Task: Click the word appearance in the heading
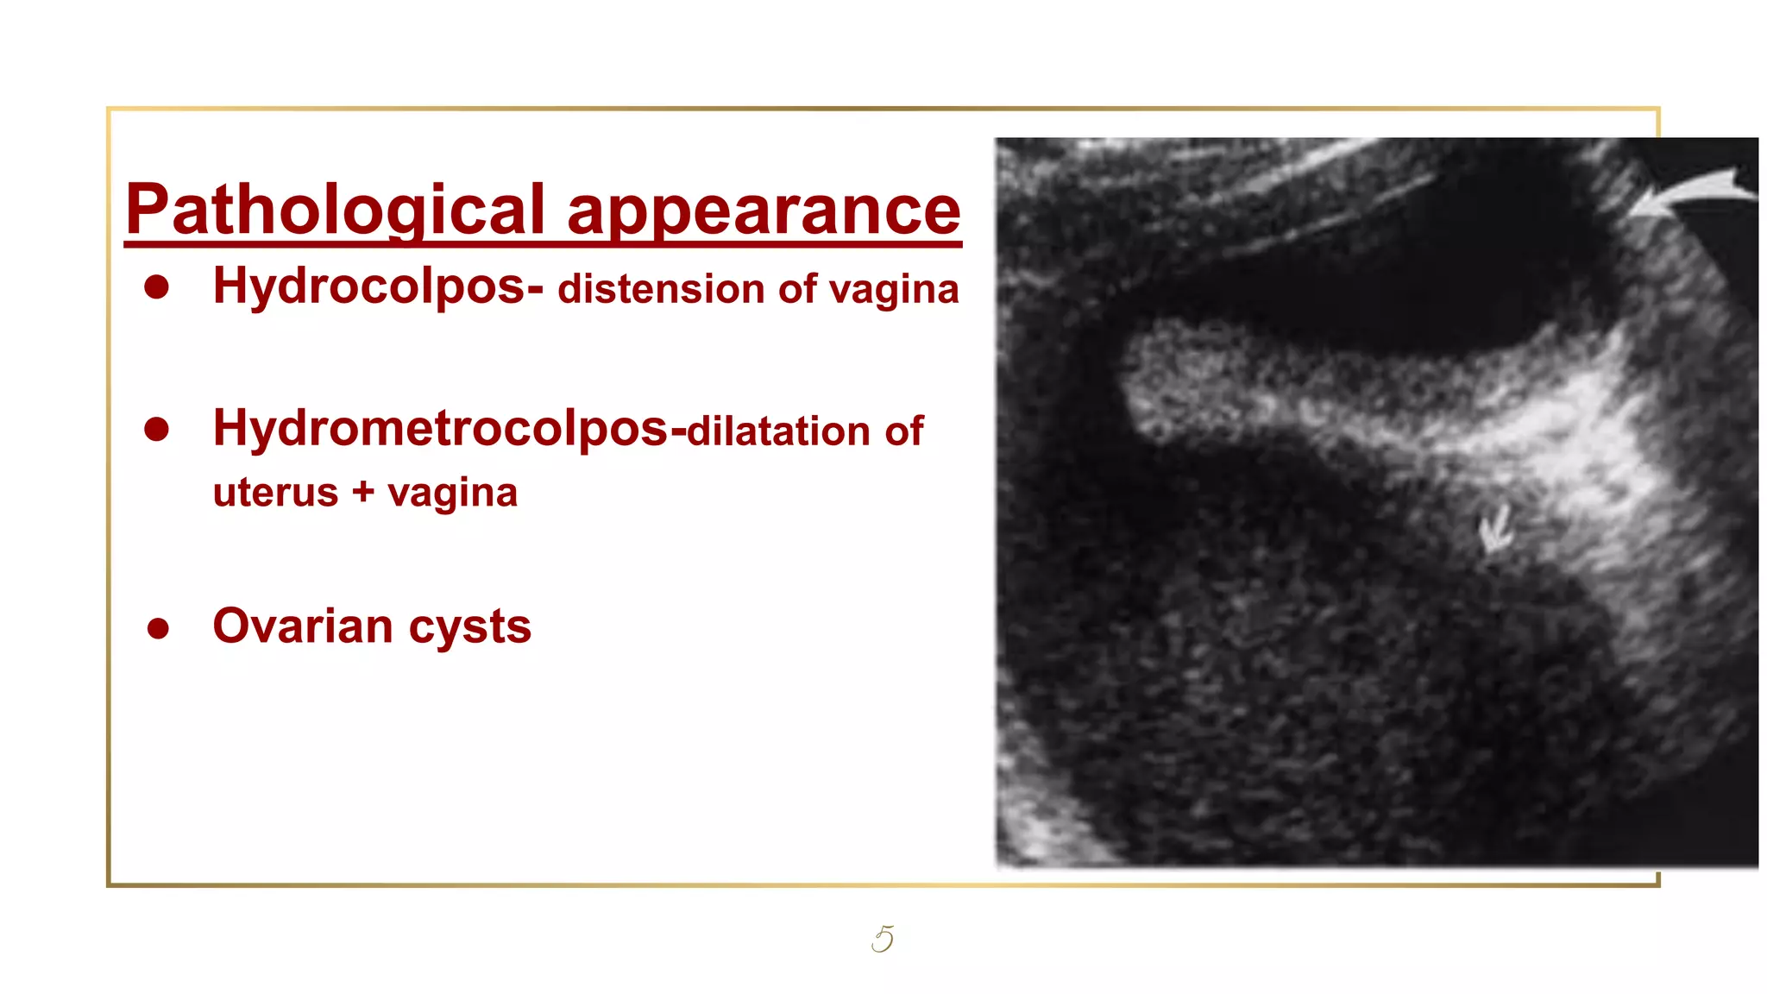pos(764,211)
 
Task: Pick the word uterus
pos(275,493)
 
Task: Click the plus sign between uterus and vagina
pos(363,492)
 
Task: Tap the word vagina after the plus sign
pos(452,494)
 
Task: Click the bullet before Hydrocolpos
pos(157,287)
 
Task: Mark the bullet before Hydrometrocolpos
pos(157,429)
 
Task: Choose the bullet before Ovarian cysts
pos(158,628)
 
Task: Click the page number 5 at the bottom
pos(883,939)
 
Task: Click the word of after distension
pos(797,289)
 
